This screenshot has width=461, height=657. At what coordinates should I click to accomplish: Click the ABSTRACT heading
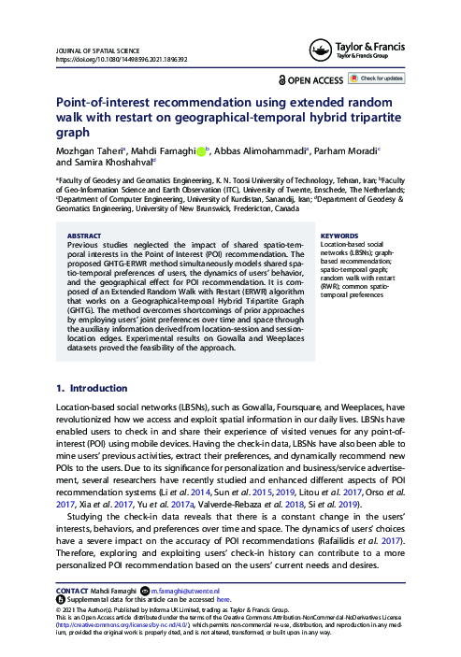point(85,236)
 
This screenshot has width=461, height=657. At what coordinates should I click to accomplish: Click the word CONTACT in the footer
point(74,592)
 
